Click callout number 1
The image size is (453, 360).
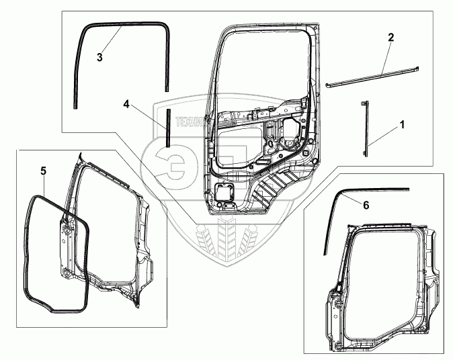coord(403,124)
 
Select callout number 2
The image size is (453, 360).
coord(390,38)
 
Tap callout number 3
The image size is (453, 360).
coord(99,57)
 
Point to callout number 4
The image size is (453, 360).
coord(126,104)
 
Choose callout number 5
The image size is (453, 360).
coord(42,171)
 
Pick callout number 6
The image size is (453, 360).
coord(366,206)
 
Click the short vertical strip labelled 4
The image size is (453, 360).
coord(168,125)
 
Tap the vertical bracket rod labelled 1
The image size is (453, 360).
coord(367,128)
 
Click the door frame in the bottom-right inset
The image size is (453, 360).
coord(376,282)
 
